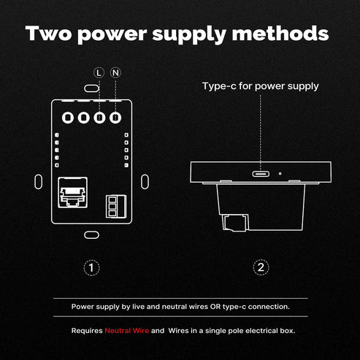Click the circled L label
pyautogui.click(x=99, y=73)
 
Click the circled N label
pyautogui.click(x=115, y=73)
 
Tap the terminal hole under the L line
pyautogui.click(x=99, y=118)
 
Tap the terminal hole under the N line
pyautogui.click(x=115, y=118)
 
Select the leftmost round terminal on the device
pyautogui.click(x=68, y=118)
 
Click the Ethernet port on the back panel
pyautogui.click(x=73, y=193)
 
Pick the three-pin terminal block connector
pyautogui.click(x=116, y=207)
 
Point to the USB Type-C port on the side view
pyautogui.click(x=261, y=174)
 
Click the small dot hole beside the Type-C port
pyautogui.click(x=280, y=174)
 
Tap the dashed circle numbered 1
pyautogui.click(x=91, y=268)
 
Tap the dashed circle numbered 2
pyautogui.click(x=261, y=267)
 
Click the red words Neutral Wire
pyautogui.click(x=127, y=331)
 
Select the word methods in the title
pyautogui.click(x=280, y=34)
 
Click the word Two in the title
pyautogui.click(x=48, y=34)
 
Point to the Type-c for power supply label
pyautogui.click(x=261, y=86)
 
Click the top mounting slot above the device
pyautogui.click(x=91, y=88)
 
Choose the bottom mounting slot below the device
pyautogui.click(x=91, y=235)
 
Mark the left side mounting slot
pyautogui.click(x=39, y=182)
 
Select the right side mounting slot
pyautogui.click(x=145, y=182)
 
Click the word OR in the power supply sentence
pyautogui.click(x=215, y=307)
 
